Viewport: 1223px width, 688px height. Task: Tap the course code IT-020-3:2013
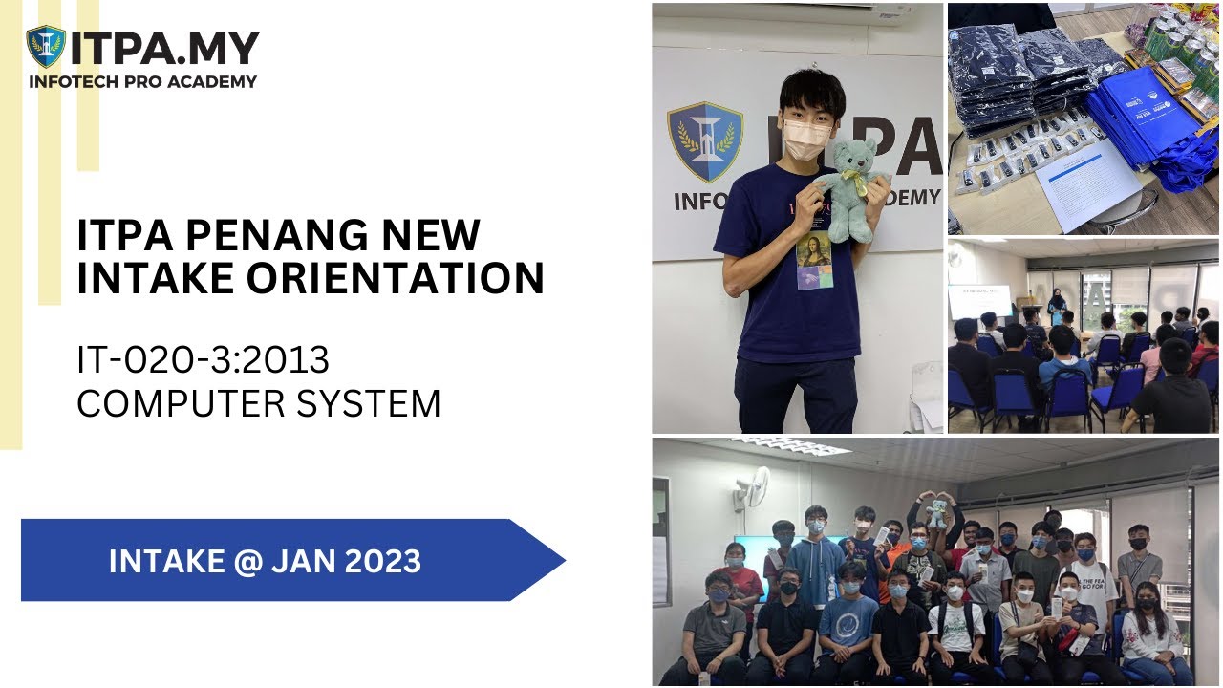[203, 360]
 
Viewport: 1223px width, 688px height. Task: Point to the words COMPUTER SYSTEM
[258, 403]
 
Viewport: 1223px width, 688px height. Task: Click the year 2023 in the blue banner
[378, 561]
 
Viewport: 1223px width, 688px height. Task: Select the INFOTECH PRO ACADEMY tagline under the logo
[142, 82]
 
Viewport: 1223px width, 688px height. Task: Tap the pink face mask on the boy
[805, 140]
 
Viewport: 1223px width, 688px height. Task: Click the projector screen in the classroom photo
[978, 301]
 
